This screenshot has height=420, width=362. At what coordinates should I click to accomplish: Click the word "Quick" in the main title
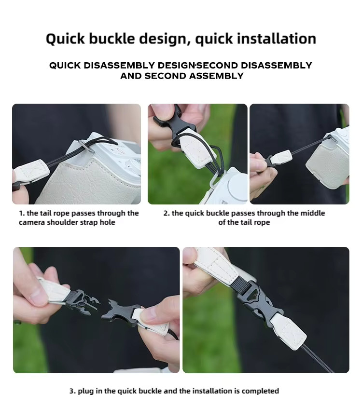click(x=66, y=39)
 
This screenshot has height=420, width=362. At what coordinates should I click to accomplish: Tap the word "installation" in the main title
click(x=277, y=39)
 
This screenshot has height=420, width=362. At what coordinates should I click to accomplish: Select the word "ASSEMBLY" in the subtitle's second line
click(x=216, y=76)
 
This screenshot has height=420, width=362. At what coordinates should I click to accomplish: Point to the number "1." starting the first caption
click(x=22, y=213)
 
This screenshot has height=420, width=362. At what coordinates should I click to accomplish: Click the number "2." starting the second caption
click(x=167, y=213)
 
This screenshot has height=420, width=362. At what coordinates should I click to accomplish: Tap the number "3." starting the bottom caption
click(x=72, y=391)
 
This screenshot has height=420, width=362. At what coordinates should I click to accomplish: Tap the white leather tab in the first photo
click(x=31, y=172)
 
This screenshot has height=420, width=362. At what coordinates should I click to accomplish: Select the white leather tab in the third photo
click(x=281, y=158)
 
